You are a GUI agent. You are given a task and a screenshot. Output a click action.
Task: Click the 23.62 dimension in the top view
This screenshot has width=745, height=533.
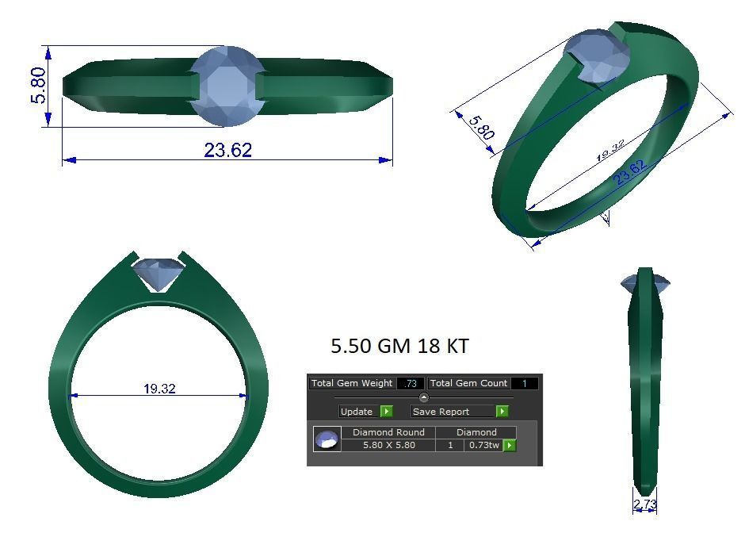click(x=227, y=150)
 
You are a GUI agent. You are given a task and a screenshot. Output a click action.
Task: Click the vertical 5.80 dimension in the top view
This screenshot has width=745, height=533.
click(x=37, y=86)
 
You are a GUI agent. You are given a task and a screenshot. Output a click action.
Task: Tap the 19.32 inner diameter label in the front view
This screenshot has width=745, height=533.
click(x=159, y=389)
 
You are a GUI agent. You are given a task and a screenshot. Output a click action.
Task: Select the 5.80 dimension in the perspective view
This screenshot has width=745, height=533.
click(x=481, y=127)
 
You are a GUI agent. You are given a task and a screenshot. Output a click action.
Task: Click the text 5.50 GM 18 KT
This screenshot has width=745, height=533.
click(x=399, y=347)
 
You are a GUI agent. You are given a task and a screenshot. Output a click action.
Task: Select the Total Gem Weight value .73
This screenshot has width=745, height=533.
click(x=410, y=383)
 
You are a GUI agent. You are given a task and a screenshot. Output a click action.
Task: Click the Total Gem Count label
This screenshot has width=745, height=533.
click(x=468, y=383)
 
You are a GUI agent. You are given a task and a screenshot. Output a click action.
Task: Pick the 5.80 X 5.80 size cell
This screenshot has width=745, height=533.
click(x=388, y=445)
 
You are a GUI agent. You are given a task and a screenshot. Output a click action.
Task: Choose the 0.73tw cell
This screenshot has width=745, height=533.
click(x=483, y=445)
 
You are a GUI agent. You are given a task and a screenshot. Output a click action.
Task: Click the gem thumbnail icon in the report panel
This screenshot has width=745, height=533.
click(x=327, y=439)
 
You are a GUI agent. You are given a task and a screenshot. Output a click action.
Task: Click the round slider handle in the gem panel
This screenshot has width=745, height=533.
click(x=423, y=397)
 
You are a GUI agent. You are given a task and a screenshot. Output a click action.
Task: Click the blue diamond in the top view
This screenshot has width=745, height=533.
click(x=227, y=86)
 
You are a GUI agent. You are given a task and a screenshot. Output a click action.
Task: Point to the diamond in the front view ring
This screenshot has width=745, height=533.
click(x=161, y=274)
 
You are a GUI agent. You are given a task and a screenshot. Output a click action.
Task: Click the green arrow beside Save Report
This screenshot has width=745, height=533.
click(x=502, y=412)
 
